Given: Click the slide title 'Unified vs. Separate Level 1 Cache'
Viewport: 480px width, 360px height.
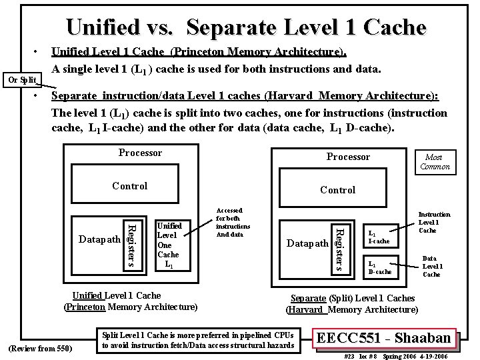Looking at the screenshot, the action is [245, 27].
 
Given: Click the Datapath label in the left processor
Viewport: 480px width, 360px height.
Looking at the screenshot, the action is [99, 239].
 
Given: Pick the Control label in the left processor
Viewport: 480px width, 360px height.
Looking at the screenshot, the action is [129, 186].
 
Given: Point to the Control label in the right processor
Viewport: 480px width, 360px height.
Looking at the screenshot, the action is [338, 190].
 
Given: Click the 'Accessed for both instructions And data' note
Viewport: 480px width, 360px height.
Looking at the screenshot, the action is [233, 222].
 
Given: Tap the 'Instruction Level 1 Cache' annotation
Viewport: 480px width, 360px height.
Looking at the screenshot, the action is [434, 223].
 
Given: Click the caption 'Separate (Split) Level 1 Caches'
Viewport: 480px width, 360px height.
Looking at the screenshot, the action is [352, 298].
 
